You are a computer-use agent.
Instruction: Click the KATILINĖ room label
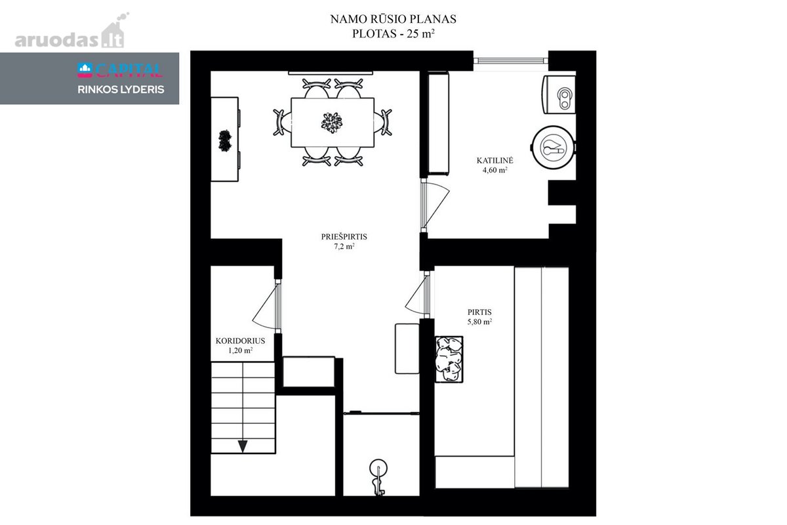point(494,160)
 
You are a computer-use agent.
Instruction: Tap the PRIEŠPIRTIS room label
point(344,237)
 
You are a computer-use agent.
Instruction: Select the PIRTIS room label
point(479,312)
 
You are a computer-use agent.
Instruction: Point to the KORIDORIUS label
point(240,341)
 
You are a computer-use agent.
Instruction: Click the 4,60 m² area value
point(494,170)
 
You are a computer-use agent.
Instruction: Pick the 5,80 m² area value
point(479,322)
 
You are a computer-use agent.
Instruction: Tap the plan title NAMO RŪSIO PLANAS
point(393,19)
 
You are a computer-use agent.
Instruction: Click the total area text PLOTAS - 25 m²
point(393,33)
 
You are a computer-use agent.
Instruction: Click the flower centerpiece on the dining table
point(332,123)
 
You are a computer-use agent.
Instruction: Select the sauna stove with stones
point(449,359)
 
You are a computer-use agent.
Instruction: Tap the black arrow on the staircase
point(243,446)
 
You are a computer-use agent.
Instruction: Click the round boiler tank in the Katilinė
point(554,148)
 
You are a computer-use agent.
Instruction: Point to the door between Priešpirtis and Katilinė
point(435,205)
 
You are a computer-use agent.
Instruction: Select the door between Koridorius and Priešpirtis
point(267,306)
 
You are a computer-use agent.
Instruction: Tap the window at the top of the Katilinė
point(510,61)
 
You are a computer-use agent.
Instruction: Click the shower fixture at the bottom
point(378,477)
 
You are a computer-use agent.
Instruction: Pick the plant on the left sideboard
point(225,140)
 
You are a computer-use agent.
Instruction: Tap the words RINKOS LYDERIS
point(121,90)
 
